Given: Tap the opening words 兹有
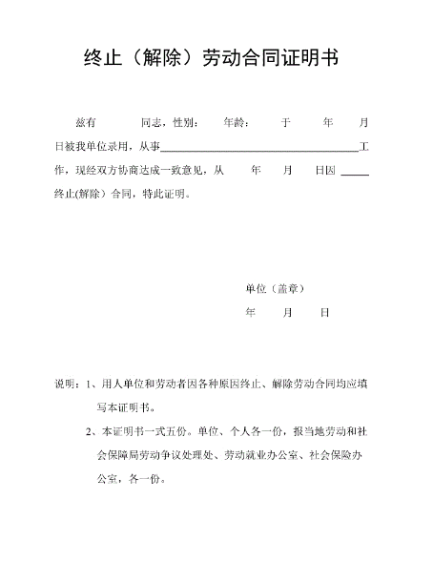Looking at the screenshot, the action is [x=86, y=123].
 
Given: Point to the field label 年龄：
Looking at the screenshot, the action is [x=236, y=123].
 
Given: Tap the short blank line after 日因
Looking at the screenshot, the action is [x=354, y=173].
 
